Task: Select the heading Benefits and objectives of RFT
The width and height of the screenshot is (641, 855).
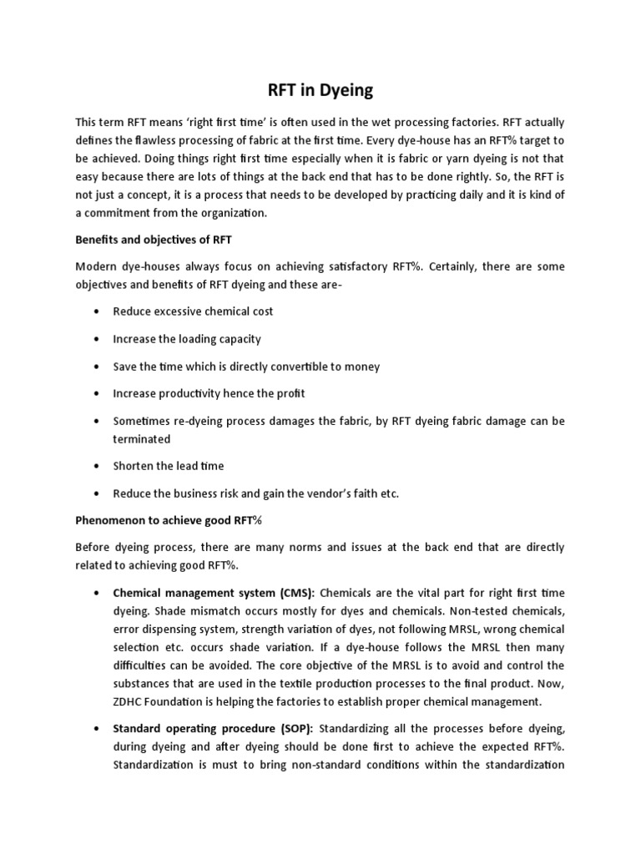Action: click(154, 240)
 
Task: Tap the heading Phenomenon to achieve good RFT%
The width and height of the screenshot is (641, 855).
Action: click(169, 520)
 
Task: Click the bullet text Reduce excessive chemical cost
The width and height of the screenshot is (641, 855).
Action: click(194, 311)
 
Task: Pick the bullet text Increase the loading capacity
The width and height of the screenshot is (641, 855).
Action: click(187, 339)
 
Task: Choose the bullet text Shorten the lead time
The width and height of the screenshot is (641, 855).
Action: click(169, 466)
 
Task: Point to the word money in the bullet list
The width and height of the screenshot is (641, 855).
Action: click(362, 367)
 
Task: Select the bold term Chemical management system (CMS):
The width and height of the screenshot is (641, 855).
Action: click(215, 593)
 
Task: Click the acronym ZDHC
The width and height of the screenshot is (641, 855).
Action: click(130, 701)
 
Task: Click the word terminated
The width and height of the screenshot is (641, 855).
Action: click(142, 438)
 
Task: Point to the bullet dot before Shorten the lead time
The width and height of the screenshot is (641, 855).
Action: click(98, 466)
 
